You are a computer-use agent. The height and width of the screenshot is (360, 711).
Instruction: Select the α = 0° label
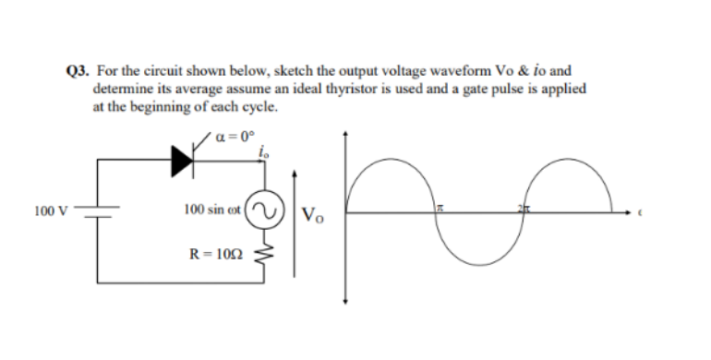(x=232, y=138)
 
